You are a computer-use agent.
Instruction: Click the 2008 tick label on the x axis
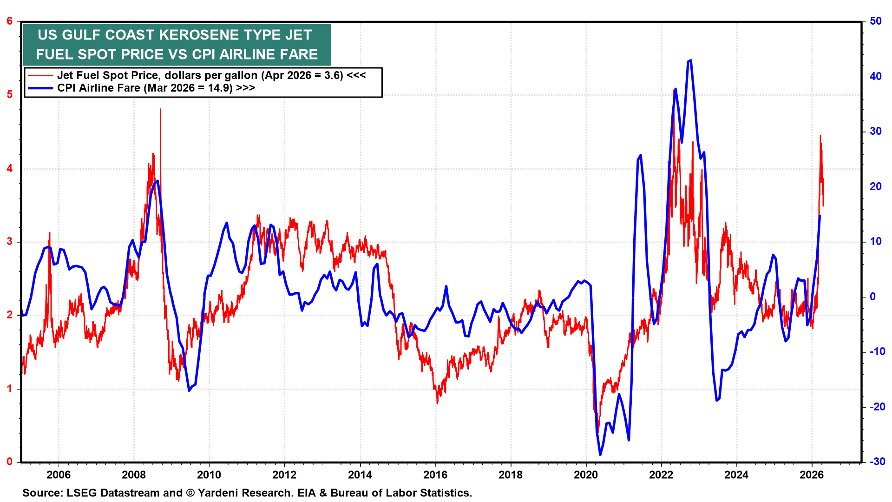tap(134, 475)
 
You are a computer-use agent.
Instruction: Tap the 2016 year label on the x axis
tap(435, 475)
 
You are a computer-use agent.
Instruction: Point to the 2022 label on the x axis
tap(661, 475)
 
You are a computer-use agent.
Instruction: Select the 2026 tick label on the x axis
tap(812, 475)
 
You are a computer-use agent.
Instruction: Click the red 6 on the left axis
tap(10, 21)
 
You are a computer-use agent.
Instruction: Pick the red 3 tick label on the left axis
tap(10, 242)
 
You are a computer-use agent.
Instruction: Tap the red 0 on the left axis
tap(10, 462)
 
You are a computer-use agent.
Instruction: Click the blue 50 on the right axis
tap(875, 21)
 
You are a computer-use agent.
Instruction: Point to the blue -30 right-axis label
tap(877, 462)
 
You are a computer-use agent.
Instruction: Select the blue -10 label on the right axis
tap(877, 351)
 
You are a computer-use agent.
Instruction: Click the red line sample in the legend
tap(40, 76)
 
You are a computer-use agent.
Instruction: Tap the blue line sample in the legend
tap(40, 88)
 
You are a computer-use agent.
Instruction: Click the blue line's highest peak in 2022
tap(690, 60)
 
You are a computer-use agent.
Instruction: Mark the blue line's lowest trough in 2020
tap(600, 455)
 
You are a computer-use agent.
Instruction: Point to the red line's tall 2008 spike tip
tap(160, 110)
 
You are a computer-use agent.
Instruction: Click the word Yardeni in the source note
tap(217, 493)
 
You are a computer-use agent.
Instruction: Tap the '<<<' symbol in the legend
tap(356, 75)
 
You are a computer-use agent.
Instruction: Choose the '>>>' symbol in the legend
tap(245, 88)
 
